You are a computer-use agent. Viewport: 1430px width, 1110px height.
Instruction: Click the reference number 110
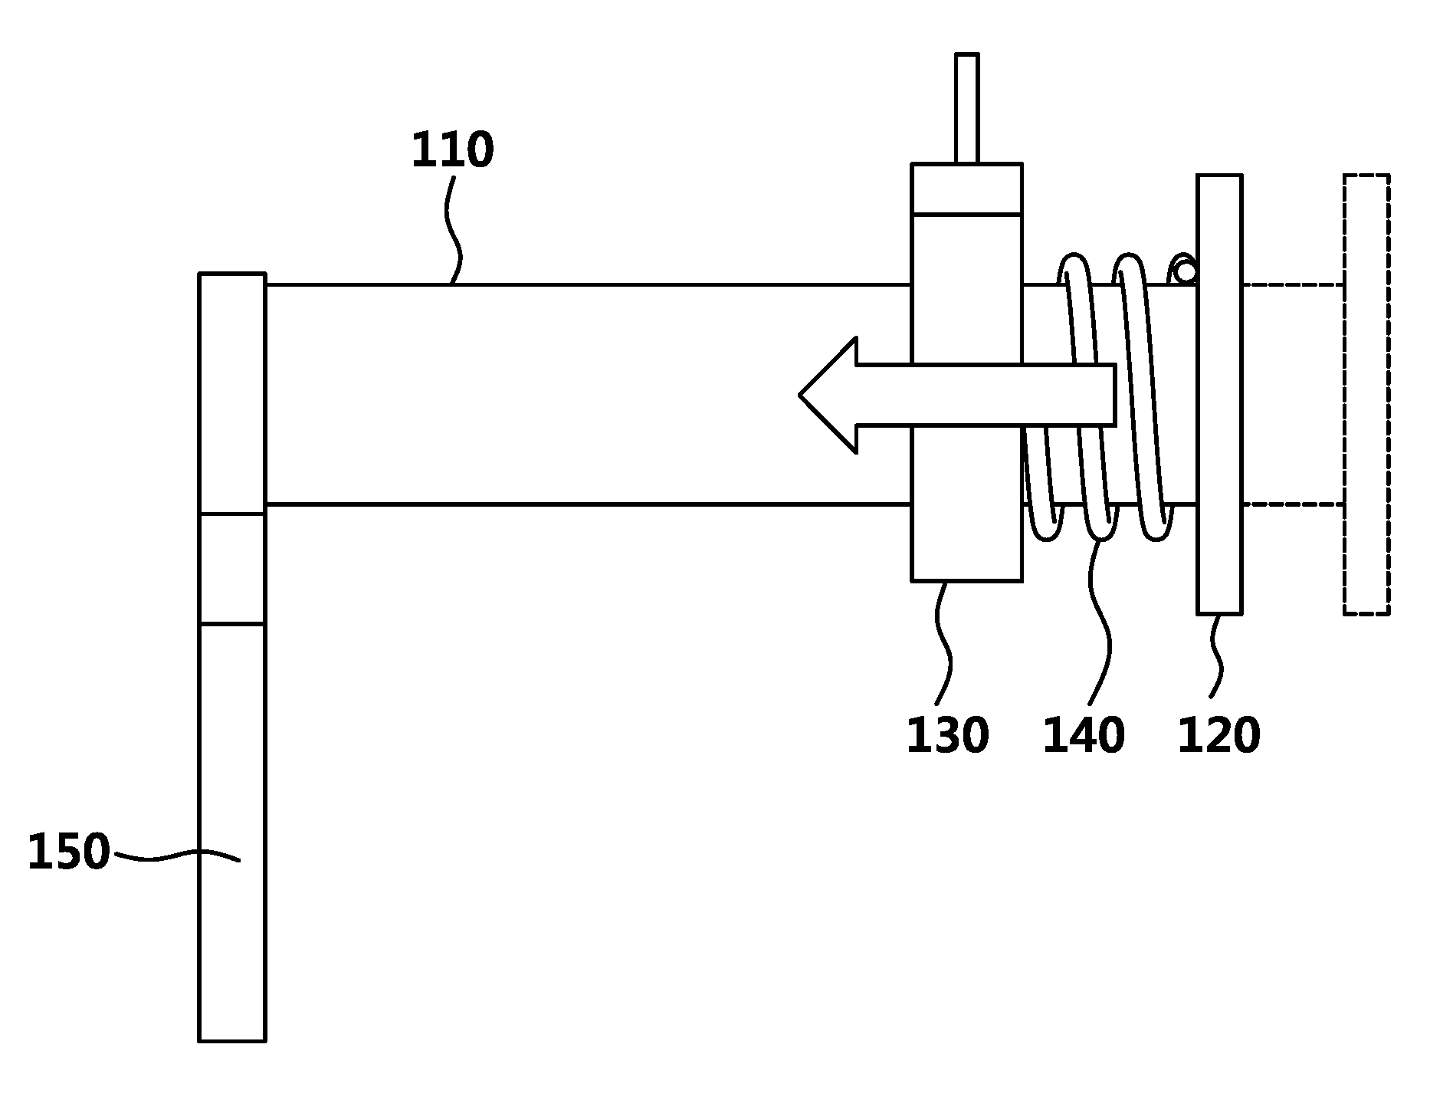coord(453,150)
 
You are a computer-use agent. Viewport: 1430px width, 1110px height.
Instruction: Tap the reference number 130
coord(948,735)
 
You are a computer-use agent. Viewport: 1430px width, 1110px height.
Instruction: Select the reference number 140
coord(1084,735)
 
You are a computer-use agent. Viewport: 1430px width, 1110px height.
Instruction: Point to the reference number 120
coord(1218,735)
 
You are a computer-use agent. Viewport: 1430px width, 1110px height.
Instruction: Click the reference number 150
coord(69,852)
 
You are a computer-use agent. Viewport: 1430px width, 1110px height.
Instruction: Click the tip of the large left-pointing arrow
coord(800,396)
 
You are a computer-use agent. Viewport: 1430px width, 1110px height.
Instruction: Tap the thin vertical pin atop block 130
coord(967,108)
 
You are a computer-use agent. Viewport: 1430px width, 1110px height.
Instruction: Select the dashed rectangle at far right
coord(1366,394)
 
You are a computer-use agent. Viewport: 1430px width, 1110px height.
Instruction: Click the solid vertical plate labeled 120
coord(1219,394)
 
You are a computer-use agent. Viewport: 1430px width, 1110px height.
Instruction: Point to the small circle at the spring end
coord(1186,271)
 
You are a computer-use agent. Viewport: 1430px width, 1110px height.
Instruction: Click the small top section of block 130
coord(966,189)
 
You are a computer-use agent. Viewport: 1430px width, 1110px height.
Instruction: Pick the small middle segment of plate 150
coord(232,569)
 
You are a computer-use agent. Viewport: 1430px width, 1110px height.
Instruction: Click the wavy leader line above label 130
coord(943,643)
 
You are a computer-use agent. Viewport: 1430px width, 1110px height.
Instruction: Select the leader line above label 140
coord(1100,622)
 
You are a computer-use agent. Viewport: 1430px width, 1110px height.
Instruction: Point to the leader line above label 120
coord(1215,656)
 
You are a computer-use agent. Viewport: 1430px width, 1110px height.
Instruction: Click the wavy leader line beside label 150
coord(177,855)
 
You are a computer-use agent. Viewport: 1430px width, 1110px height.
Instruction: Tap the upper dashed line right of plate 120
coord(1293,285)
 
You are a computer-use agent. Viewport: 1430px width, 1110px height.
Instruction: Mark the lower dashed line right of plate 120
coord(1293,504)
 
